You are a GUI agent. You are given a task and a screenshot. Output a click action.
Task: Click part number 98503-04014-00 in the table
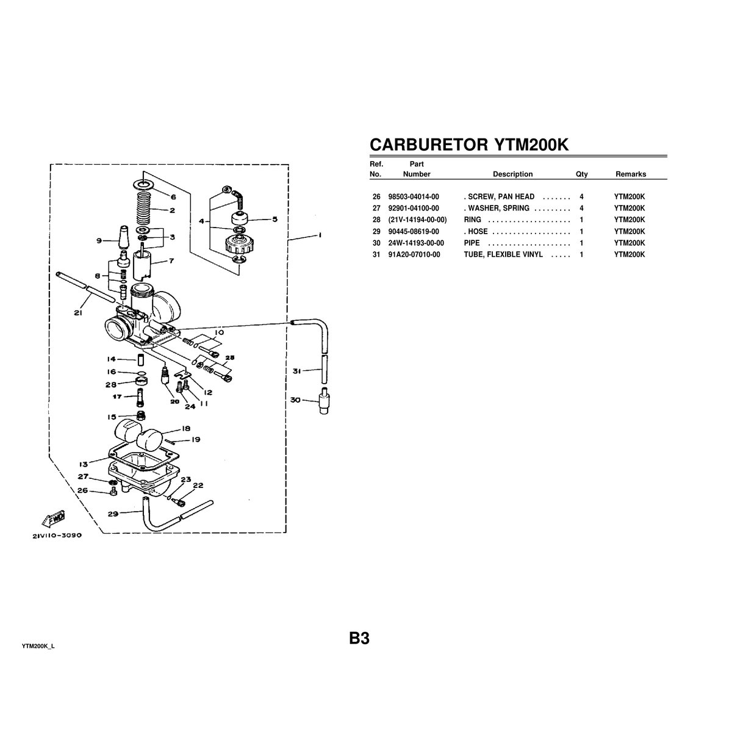tap(413, 196)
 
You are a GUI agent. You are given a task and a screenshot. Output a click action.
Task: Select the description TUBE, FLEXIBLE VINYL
tap(503, 254)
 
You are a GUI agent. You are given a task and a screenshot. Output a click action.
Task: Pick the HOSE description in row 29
tap(477, 231)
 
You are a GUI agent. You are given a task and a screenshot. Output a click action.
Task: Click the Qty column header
tap(581, 174)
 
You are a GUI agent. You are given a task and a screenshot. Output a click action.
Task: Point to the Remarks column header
tap(630, 174)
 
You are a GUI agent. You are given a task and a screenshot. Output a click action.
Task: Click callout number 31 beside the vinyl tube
tap(296, 371)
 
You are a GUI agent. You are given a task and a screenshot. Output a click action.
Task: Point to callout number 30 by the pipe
tap(296, 400)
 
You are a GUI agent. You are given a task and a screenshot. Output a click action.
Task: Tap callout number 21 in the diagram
tap(77, 314)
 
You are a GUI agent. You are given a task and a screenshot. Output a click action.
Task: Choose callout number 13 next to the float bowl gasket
tap(83, 463)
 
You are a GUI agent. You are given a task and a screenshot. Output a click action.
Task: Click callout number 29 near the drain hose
tap(113, 514)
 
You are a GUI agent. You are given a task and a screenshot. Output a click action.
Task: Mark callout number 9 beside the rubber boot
tap(99, 241)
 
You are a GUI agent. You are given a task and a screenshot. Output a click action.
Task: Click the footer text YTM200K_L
tap(38, 646)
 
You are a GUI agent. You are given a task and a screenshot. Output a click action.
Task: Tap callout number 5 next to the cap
tap(274, 219)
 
